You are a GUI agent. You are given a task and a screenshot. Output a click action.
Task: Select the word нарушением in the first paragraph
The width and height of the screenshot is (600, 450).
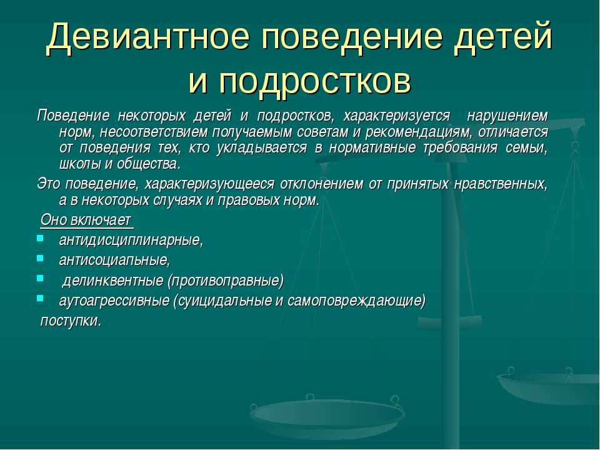pos(507,116)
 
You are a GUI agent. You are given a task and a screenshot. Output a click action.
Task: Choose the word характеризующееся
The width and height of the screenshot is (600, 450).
pos(209,184)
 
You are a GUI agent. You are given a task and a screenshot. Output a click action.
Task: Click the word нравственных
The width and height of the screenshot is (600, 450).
pos(501,184)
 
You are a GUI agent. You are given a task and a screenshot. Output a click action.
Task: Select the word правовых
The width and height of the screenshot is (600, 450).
pos(245,200)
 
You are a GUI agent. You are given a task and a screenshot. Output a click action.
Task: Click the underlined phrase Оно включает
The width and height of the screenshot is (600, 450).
pos(86,221)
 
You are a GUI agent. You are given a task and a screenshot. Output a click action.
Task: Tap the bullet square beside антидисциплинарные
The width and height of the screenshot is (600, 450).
pos(40,238)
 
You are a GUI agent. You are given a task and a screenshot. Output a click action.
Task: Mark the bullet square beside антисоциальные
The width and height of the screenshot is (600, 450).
pos(40,258)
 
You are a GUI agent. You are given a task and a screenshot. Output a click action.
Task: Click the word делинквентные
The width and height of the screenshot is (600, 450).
pos(112,281)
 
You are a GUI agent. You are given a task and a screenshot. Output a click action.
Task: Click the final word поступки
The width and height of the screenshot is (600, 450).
pos(71,321)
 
